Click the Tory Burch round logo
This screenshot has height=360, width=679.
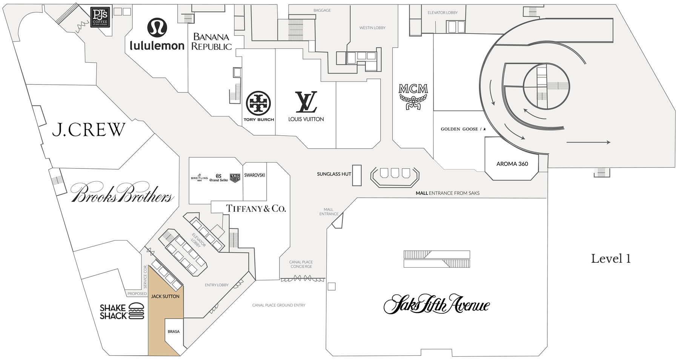click(258, 103)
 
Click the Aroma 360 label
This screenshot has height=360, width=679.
click(512, 164)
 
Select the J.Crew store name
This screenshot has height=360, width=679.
click(88, 130)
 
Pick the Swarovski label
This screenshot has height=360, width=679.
click(255, 175)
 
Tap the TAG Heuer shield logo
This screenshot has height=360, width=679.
click(235, 178)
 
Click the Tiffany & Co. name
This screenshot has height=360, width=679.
click(256, 208)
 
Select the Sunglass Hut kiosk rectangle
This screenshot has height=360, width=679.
click(356, 175)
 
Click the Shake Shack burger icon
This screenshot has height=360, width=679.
click(136, 312)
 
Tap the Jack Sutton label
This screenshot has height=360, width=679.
click(165, 296)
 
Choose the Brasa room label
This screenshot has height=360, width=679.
click(174, 332)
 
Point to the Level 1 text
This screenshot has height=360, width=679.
click(611, 259)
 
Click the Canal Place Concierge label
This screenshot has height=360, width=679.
click(301, 264)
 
